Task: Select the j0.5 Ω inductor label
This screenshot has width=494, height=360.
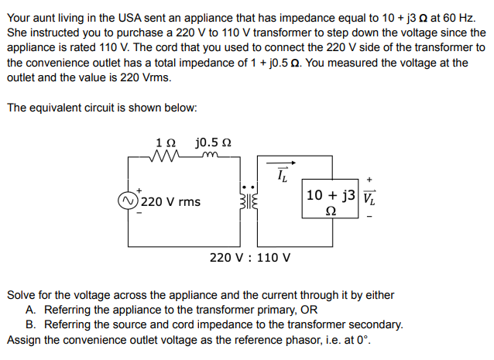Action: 213,142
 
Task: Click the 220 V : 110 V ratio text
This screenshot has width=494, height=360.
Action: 250,257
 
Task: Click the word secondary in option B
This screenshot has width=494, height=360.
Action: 372,324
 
